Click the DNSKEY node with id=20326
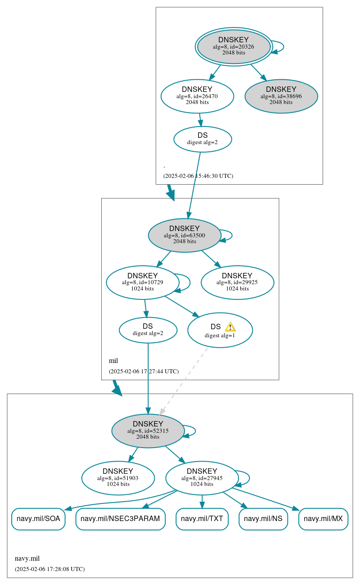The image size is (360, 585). point(234,46)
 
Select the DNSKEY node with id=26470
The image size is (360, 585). point(197,96)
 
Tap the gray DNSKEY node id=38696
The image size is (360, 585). point(281,96)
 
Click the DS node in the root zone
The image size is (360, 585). point(202,139)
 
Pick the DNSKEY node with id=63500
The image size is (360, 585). point(184,235)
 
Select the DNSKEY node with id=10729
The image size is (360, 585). point(143,282)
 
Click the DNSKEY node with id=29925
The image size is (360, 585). point(237,282)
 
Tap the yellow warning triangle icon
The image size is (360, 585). point(230,327)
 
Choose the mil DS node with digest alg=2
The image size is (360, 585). point(148,330)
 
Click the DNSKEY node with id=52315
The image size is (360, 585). point(148,431)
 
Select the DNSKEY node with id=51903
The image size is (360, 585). point(118,478)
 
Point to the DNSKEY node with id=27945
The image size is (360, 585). point(202,478)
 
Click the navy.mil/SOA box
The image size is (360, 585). point(38,519)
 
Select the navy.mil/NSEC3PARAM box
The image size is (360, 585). point(120,519)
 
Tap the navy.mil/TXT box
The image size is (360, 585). point(202,519)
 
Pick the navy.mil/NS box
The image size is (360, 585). point(263,519)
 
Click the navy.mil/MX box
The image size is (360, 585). point(323,519)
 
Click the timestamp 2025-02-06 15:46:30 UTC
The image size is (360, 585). point(198,176)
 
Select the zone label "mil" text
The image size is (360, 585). point(113,361)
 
